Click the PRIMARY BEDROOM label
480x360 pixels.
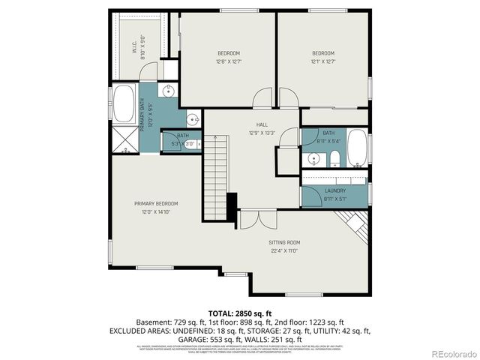point(156,203)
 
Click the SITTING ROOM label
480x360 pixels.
point(284,242)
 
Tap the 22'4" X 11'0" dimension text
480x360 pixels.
point(284,251)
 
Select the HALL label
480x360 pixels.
point(262,124)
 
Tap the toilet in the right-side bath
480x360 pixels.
point(335,158)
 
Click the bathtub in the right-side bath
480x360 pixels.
point(358,148)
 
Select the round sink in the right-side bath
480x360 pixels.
point(314,158)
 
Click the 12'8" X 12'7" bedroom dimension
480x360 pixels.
point(229,62)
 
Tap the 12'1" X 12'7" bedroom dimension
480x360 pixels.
point(323,62)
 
